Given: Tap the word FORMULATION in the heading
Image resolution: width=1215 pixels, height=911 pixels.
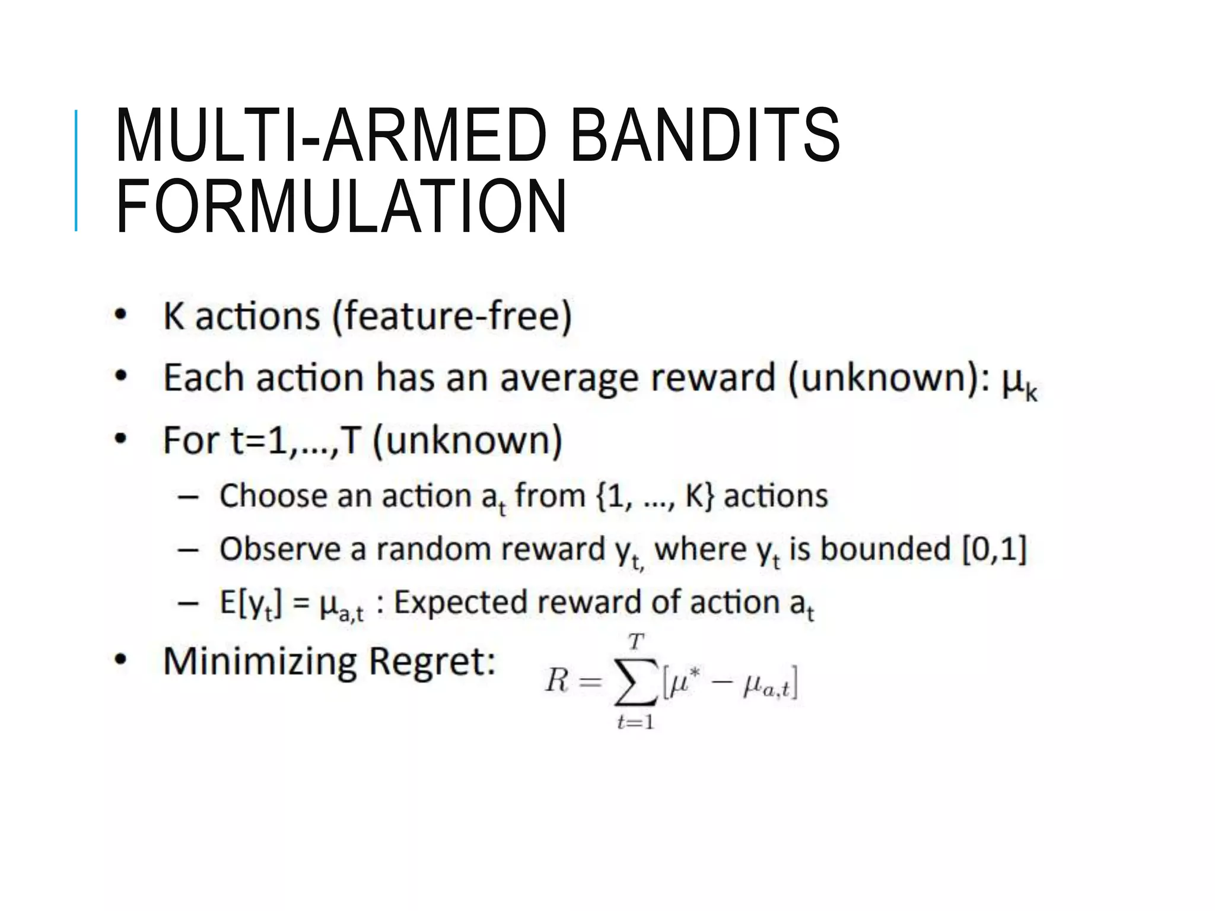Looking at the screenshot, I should [341, 208].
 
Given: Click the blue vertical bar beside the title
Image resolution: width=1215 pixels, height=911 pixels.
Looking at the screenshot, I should [76, 171].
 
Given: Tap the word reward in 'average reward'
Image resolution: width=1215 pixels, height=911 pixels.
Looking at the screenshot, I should [713, 378].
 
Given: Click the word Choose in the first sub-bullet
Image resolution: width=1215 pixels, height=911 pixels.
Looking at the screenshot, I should [273, 495].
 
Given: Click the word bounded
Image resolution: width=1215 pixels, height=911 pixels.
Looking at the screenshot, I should [885, 549].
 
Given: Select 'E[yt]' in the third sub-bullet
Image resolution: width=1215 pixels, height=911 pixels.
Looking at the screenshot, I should [250, 603].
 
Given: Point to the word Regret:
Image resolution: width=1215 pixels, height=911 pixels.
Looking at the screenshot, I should [432, 661].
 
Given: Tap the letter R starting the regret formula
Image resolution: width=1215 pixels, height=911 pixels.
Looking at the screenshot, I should [556, 681].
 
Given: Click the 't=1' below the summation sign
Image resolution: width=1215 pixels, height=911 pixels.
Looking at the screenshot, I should [635, 722].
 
